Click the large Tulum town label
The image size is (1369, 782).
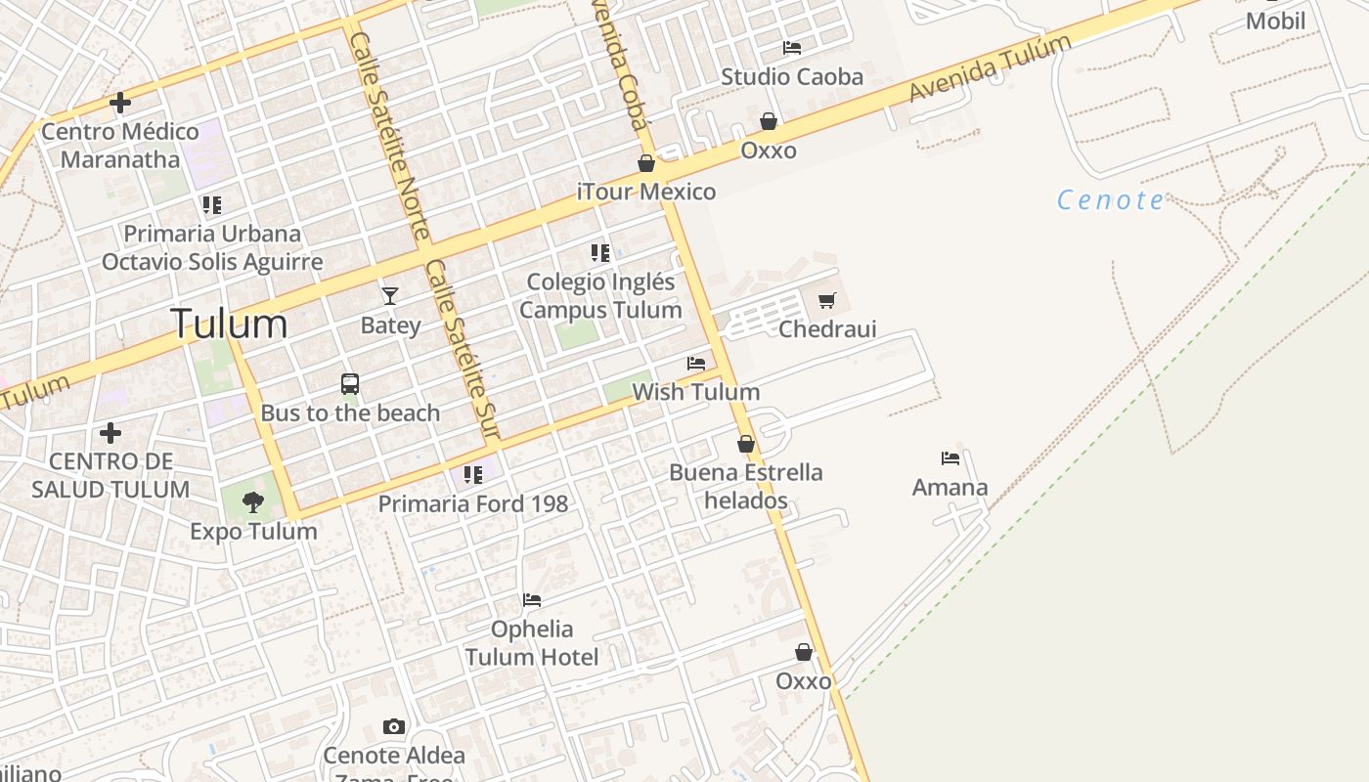[x=229, y=324]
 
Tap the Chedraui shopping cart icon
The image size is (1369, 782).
[x=827, y=300]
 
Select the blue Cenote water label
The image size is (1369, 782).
[x=1111, y=200]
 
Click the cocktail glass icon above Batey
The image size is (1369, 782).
[x=390, y=295]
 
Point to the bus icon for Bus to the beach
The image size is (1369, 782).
[x=350, y=383]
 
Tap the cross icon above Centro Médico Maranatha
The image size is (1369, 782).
[x=120, y=102]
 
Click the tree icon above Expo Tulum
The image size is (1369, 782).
[x=253, y=502]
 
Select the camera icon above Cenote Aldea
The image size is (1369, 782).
[x=394, y=726]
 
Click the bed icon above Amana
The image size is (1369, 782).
[x=950, y=457]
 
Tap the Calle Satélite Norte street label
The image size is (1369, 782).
[x=389, y=135]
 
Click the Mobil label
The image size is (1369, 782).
[x=1275, y=21]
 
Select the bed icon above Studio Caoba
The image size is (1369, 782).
[x=792, y=47]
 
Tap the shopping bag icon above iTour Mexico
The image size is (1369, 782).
[x=646, y=162]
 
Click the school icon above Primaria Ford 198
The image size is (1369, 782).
[x=473, y=475]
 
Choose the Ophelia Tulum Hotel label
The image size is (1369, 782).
[x=532, y=642]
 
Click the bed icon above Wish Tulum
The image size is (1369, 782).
[x=696, y=363]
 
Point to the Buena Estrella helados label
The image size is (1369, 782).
[x=746, y=487]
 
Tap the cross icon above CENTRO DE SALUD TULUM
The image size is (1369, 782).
[x=110, y=432]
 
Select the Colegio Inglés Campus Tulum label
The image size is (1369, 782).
[x=600, y=295]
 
